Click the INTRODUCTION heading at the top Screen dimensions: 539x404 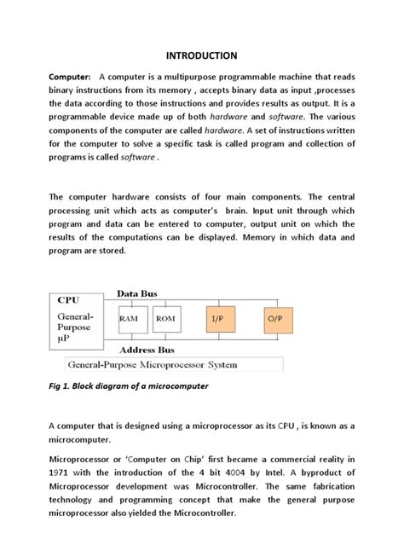click(x=202, y=55)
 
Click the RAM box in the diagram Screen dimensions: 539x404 click(x=129, y=321)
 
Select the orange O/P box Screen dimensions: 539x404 click(x=275, y=321)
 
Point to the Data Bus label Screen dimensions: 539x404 click(x=136, y=293)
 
